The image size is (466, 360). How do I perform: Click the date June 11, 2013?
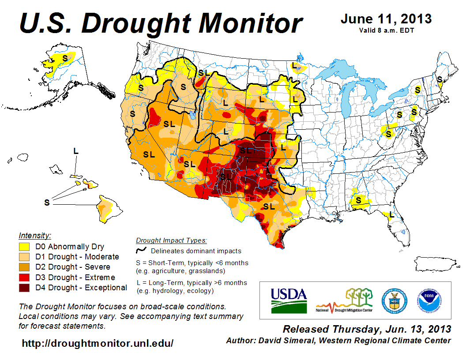[x=386, y=19]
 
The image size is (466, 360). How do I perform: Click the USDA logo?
[x=289, y=300]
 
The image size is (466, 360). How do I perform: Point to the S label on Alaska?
[x=65, y=58]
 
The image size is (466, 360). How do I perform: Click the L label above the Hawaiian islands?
[x=76, y=151]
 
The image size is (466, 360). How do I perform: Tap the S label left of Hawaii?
[x=47, y=202]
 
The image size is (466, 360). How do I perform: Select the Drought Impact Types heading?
[x=171, y=240]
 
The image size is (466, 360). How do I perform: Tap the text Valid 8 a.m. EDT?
[x=386, y=30]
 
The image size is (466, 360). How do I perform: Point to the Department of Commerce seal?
[x=394, y=300]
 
